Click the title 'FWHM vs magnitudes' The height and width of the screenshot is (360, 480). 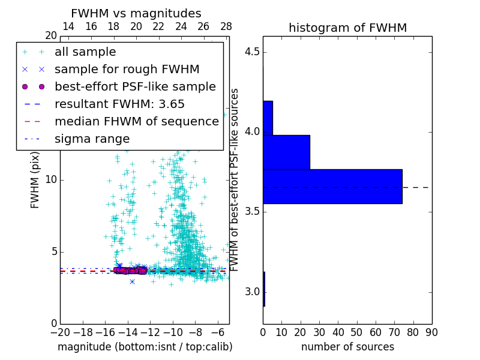coord(136,13)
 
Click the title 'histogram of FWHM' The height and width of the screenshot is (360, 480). coord(347,28)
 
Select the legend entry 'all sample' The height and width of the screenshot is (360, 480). coord(85,52)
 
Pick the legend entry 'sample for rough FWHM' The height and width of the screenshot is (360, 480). coord(127,69)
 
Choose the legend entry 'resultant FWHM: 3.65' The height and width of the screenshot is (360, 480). coord(119,104)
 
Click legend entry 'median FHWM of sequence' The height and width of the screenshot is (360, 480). coord(136,121)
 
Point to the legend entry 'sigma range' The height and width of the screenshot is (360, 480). coord(92,139)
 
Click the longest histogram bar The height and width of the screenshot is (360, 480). coord(332,186)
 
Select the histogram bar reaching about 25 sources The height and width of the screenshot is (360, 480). coord(286,152)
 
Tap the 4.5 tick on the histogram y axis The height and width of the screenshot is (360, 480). coord(252,52)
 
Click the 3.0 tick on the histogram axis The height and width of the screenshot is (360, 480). coord(252,292)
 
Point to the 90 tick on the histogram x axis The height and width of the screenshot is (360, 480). coord(431,331)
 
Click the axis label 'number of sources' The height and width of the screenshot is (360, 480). coord(347,347)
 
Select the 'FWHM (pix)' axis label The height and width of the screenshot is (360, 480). coord(35,179)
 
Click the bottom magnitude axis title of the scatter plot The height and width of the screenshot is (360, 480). coord(145,347)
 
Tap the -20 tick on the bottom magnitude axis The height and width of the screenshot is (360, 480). coord(60,331)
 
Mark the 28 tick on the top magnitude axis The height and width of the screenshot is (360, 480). coord(226,26)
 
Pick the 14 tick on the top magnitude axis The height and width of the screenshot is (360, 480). coord(68,26)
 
